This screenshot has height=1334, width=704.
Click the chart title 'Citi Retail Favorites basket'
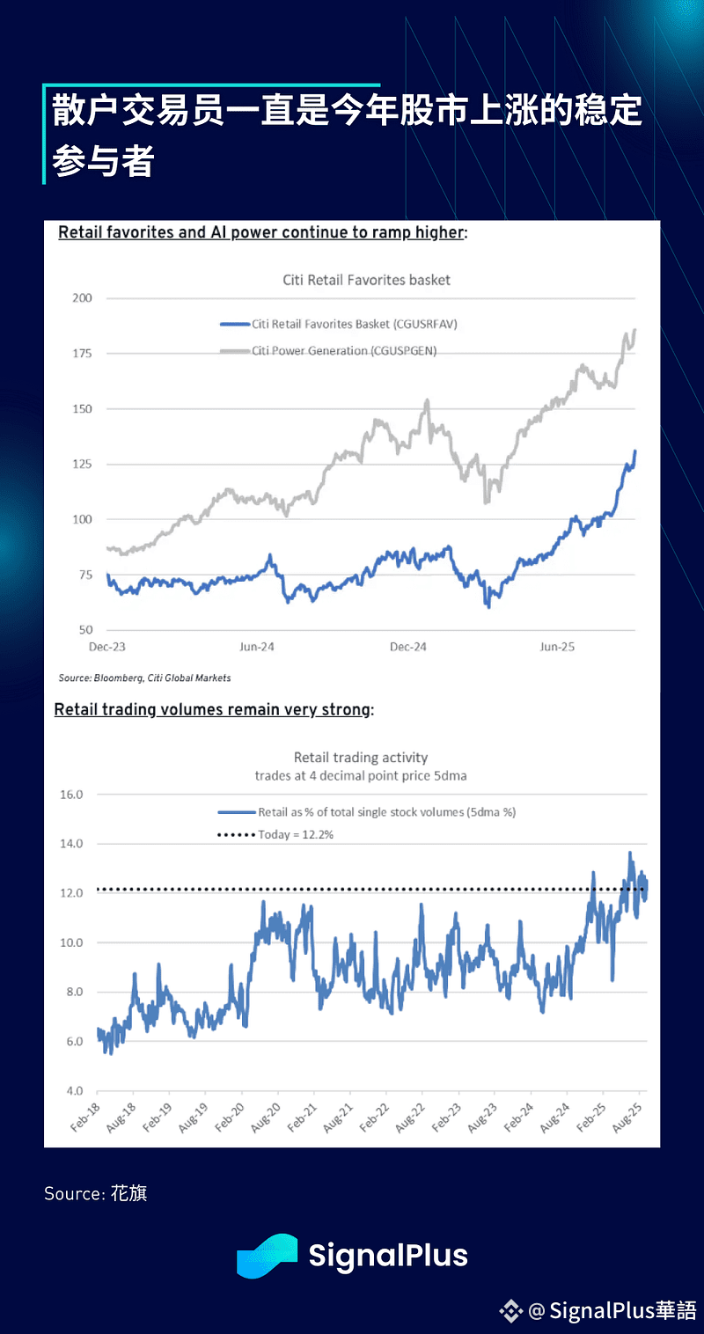point(366,280)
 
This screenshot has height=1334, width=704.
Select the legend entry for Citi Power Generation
point(343,350)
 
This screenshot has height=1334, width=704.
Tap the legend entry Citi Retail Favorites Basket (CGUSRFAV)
point(354,324)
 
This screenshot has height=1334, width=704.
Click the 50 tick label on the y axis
point(84,630)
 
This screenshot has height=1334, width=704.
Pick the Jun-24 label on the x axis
point(256,647)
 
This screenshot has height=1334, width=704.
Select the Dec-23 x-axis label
point(107,647)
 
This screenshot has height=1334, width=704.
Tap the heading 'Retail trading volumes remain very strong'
point(212,709)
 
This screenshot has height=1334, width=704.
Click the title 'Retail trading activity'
point(361,757)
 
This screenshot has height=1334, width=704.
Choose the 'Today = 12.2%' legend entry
point(295,834)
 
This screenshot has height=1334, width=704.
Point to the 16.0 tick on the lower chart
point(70,795)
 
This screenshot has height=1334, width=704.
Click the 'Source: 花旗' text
point(96,1193)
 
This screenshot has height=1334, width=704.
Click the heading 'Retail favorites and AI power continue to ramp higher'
point(261,233)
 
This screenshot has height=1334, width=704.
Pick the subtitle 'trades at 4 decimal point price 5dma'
point(361,775)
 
